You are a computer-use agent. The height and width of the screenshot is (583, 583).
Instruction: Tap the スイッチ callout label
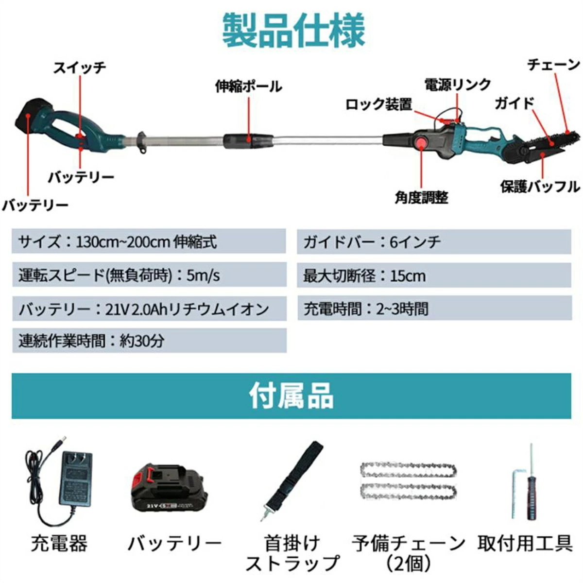pos(80,68)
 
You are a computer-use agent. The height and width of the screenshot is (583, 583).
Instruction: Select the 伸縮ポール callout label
pos(248,86)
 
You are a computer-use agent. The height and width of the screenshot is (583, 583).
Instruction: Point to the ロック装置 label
pos(378,104)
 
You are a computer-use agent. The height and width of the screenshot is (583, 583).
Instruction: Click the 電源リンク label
pos(458,85)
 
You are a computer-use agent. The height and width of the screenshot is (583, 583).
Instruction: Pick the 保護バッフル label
pos(540,187)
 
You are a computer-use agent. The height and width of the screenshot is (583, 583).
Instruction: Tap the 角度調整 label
pos(421,197)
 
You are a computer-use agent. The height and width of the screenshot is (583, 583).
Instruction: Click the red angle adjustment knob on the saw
pos(419,142)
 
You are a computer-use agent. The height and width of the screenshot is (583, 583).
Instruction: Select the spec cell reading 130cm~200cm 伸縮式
pos(149,241)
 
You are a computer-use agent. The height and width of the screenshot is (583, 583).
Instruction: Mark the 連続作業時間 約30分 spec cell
pos(149,341)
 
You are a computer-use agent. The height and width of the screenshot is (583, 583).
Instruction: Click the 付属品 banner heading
pos(291,396)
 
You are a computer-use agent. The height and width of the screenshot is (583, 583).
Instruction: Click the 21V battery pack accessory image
pos(169,488)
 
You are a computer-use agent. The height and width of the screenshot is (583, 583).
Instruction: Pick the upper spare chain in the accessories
pos(408,470)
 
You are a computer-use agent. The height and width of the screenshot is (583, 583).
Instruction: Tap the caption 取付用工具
pos(525,543)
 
